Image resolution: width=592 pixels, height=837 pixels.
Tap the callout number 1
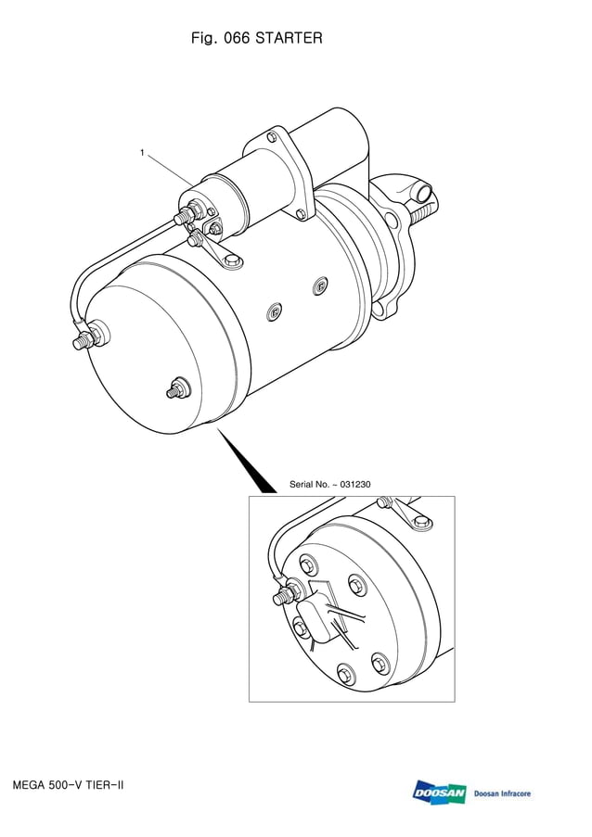142,153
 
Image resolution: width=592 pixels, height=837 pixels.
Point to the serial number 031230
352,485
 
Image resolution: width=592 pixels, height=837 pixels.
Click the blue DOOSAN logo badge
440,793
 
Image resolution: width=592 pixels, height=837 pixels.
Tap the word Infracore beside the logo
511,793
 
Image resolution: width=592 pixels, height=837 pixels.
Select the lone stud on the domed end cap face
175,389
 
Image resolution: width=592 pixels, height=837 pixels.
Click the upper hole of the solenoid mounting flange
273,139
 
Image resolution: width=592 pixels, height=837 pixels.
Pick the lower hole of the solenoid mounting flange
299,215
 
